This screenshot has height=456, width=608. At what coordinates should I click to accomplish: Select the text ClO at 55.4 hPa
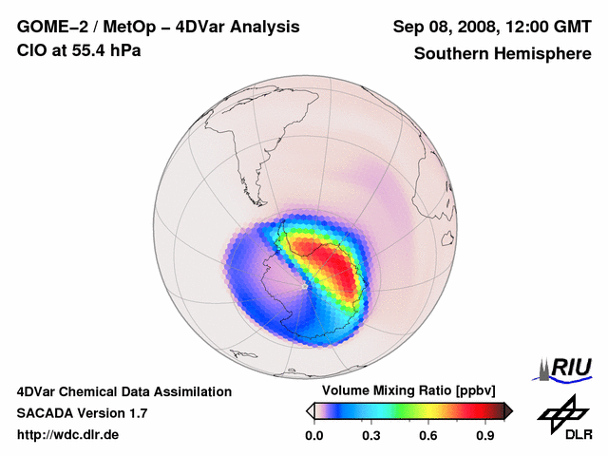click(x=79, y=50)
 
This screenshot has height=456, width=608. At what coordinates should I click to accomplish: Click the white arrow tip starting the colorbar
click(x=310, y=410)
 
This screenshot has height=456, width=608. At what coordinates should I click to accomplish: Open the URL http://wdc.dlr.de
click(x=69, y=435)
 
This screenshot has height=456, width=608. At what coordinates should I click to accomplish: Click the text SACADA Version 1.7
click(x=82, y=413)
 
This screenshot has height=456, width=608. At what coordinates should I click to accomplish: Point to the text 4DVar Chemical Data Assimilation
click(x=124, y=391)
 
